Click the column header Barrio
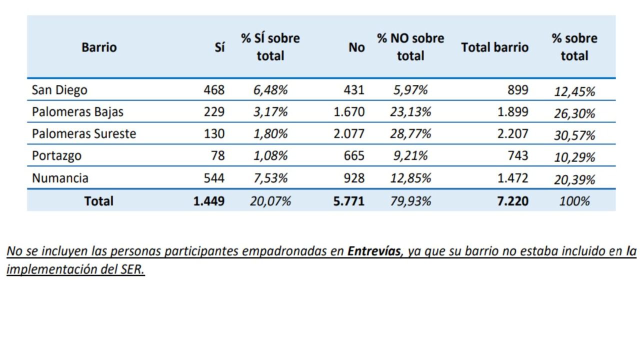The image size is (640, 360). coord(99,47)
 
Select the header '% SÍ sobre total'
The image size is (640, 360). coord(270,47)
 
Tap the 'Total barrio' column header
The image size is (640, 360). coord(494,47)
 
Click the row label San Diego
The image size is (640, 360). coord(59,90)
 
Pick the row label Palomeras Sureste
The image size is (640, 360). coord(84,134)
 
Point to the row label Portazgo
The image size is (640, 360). coord(56,156)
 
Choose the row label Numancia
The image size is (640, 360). coord(60,178)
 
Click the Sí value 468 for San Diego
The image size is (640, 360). coord(214,90)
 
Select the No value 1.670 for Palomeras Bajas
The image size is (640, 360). coord(349,112)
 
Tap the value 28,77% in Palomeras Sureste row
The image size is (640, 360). coord(410,134)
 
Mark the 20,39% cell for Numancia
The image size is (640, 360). coord(574,179)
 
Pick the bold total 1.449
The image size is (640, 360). coord(209,201)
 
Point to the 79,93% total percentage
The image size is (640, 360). coord(410,201)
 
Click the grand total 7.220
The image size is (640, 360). coord(512,201)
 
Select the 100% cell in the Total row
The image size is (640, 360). coord(574,201)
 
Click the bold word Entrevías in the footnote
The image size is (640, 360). coord(374,251)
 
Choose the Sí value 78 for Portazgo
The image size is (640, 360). coord(218,156)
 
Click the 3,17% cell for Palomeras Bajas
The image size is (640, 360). coord(270,112)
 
